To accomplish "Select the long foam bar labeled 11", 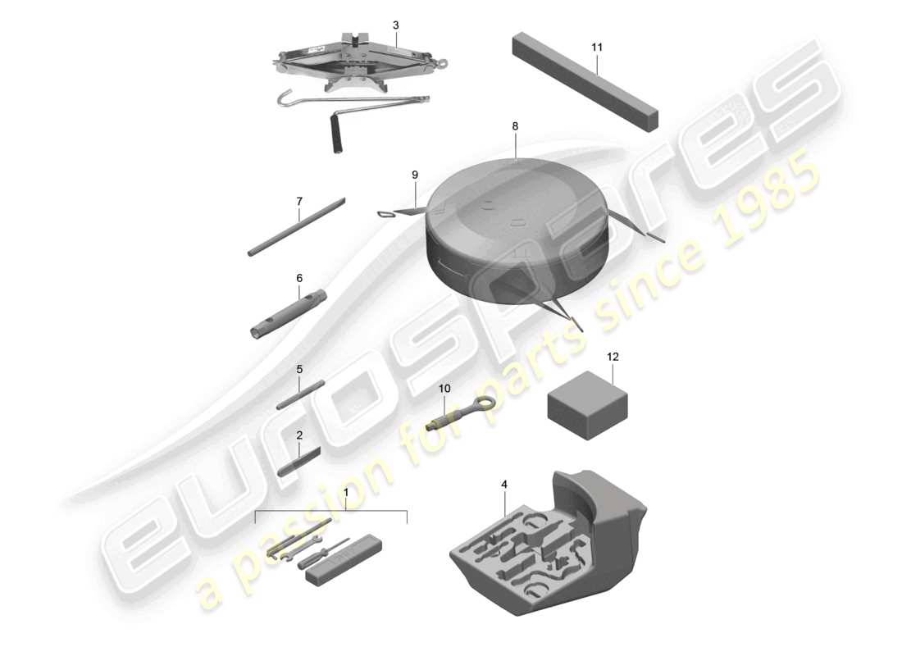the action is tap(585, 81).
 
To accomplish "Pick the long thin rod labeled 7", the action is tap(296, 226).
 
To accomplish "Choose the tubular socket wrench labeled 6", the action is tap(288, 314).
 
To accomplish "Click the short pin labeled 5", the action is tap(300, 394).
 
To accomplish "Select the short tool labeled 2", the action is tap(299, 461).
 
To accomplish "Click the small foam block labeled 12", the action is tap(587, 406).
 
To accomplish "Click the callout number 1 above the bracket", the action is tap(346, 493).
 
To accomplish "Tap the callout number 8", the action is tap(515, 126).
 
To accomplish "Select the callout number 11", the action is tap(597, 48).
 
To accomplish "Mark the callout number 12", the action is tap(613, 357).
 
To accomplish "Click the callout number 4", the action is tap(504, 485).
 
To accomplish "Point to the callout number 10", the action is tap(444, 389).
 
